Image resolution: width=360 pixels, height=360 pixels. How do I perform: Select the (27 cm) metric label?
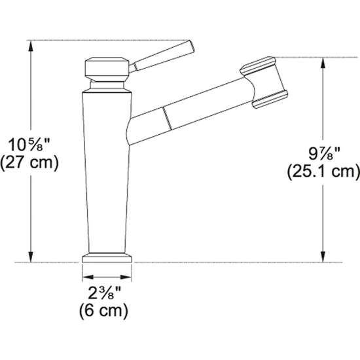[x=30, y=162]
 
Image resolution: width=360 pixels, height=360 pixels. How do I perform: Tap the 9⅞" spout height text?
[x=323, y=156]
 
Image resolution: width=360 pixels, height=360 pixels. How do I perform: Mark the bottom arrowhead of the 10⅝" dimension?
[x=30, y=258]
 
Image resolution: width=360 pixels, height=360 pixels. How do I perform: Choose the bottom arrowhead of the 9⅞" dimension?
[x=323, y=258]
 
